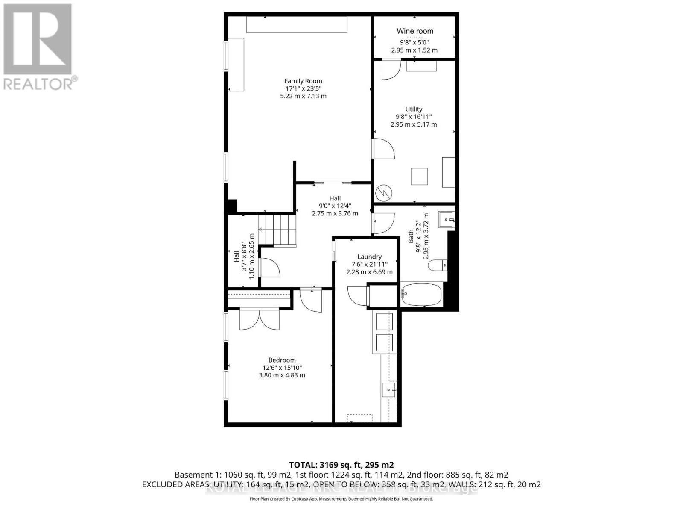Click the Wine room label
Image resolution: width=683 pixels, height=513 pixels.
pyautogui.click(x=414, y=31)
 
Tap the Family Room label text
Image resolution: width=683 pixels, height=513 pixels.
pyautogui.click(x=303, y=81)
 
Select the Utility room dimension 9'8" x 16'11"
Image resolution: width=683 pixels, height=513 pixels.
pyautogui.click(x=414, y=117)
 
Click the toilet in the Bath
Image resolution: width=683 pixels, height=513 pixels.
pyautogui.click(x=438, y=265)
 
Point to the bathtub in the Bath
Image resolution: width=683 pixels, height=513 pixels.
pyautogui.click(x=422, y=295)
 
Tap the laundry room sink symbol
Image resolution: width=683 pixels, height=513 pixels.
pyautogui.click(x=389, y=389)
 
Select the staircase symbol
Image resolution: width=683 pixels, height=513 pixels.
pyautogui.click(x=277, y=230)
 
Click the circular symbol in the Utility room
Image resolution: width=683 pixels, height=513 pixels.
pyautogui.click(x=383, y=193)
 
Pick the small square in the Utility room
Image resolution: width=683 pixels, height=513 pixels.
pyautogui.click(x=419, y=177)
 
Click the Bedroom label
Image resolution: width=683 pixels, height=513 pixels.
pyautogui.click(x=282, y=360)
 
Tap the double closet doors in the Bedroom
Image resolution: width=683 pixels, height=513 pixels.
pyautogui.click(x=260, y=319)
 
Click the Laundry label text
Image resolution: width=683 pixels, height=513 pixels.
pyautogui.click(x=369, y=256)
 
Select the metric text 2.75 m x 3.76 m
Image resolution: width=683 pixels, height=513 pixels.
pyautogui.click(x=335, y=213)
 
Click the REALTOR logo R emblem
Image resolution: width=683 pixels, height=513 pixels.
pyautogui.click(x=38, y=39)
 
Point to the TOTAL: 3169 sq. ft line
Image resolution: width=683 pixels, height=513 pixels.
pyautogui.click(x=341, y=465)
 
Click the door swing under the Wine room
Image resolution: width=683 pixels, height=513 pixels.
pyautogui.click(x=391, y=69)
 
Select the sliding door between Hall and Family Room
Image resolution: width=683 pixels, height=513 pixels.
pyautogui.click(x=333, y=183)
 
